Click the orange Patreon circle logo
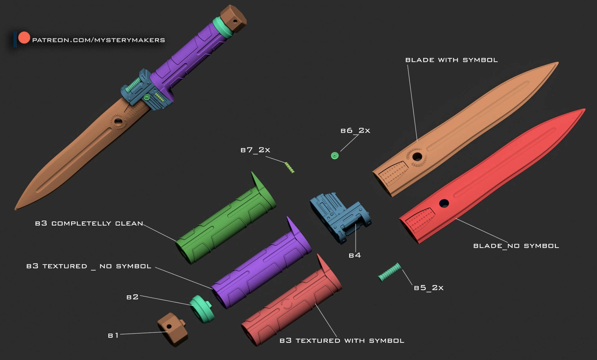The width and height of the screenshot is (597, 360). tap(24, 38)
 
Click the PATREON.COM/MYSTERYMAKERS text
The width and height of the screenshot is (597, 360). tap(98, 40)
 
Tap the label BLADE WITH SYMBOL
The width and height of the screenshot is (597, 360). tap(451, 60)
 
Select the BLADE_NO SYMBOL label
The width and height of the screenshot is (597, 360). tap(516, 246)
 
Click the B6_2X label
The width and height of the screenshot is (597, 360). tap(355, 131)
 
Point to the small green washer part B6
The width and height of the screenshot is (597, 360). tap(335, 156)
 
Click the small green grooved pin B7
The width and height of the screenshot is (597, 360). tap(289, 168)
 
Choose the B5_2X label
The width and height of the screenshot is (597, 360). tap(429, 288)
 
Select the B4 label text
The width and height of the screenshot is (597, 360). tap(355, 255)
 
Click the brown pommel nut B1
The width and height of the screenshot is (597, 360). tap(172, 329)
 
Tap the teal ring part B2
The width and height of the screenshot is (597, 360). tap(202, 309)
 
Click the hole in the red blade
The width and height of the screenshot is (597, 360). tap(444, 203)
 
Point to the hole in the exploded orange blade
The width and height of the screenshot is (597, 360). tap(417, 157)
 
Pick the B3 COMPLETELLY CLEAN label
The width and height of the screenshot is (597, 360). tap(89, 224)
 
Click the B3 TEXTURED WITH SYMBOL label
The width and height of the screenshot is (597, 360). tap(342, 340)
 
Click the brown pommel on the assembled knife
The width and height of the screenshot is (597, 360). tap(233, 18)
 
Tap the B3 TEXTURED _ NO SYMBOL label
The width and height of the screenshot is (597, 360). tap(89, 266)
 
